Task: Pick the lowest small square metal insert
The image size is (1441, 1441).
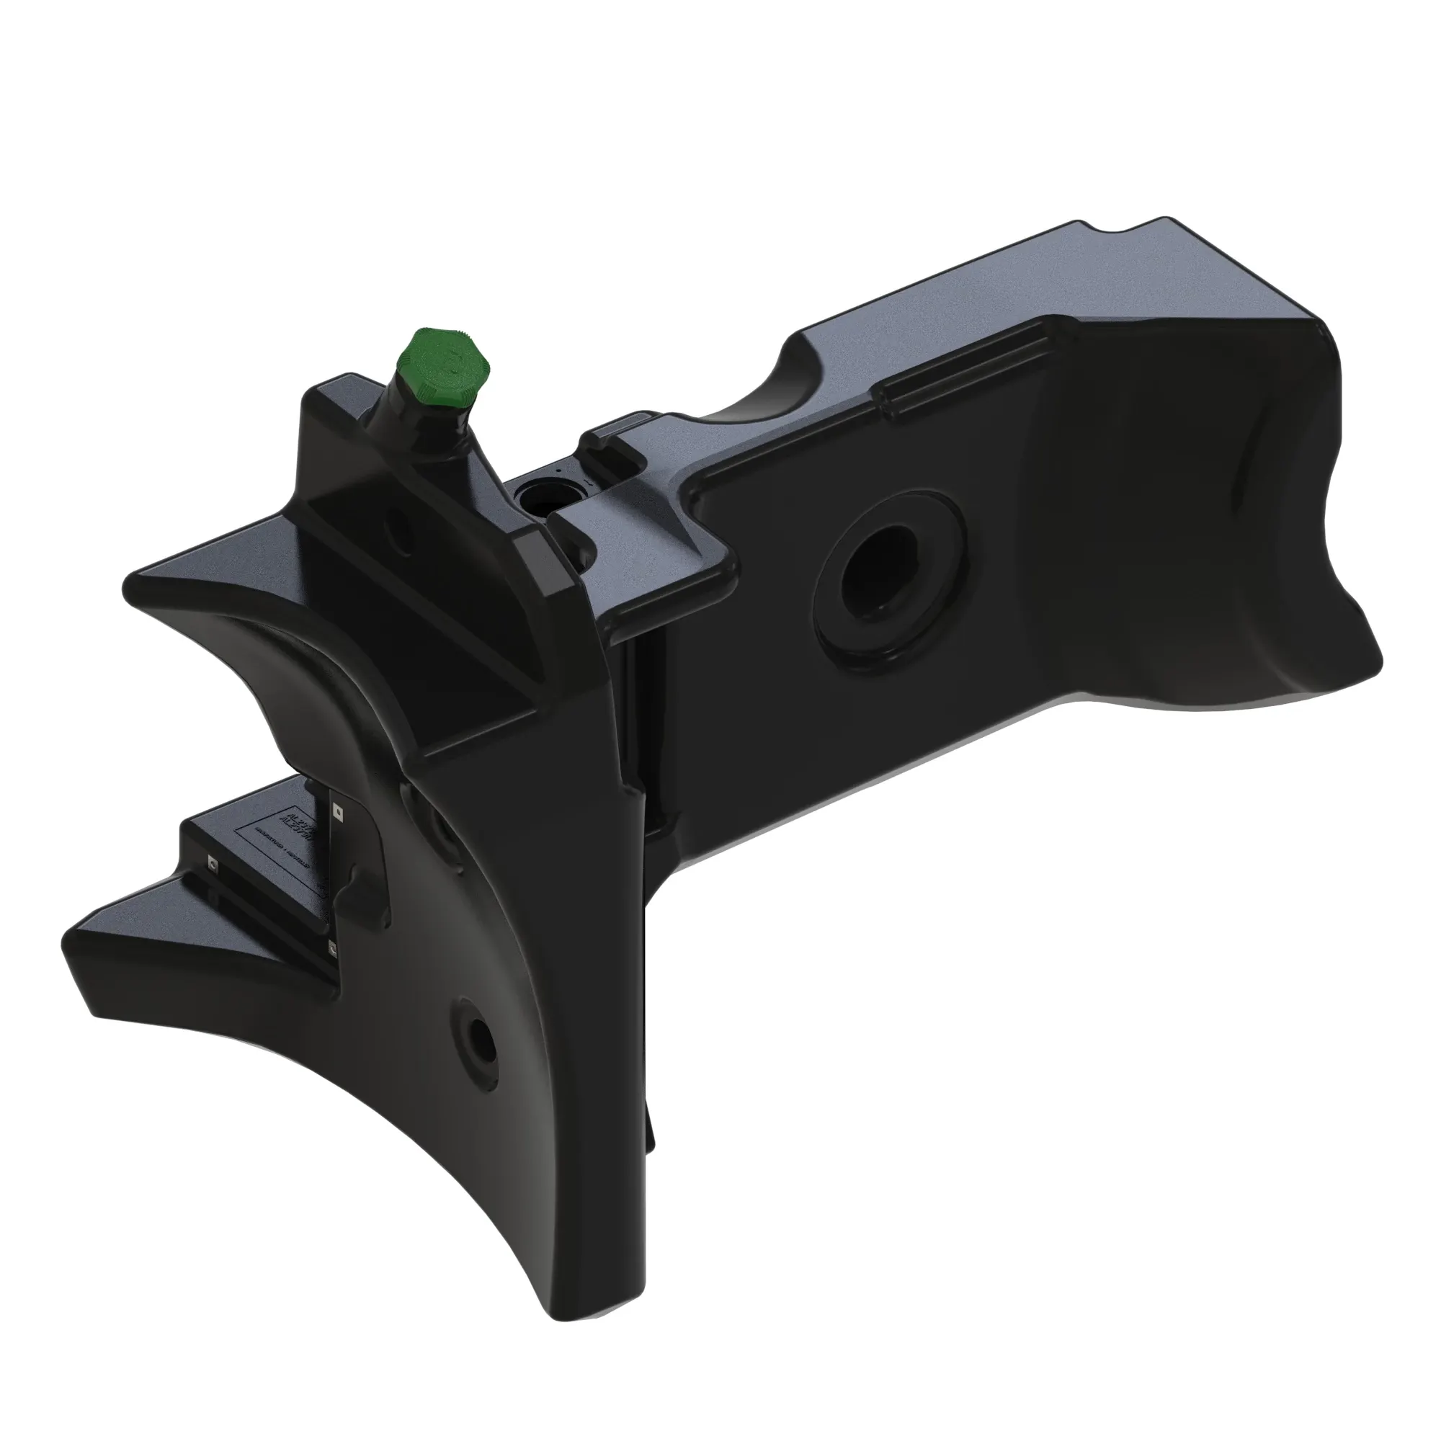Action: [x=333, y=947]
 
